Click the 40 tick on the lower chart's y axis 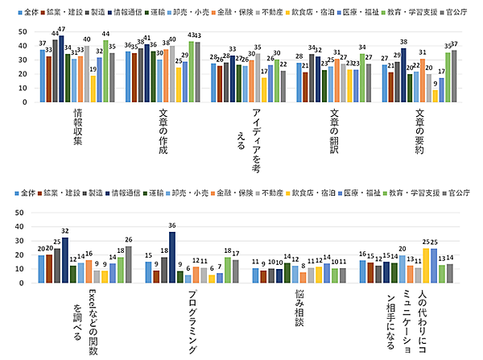[x=17, y=222]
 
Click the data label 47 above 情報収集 [x=62, y=29]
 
